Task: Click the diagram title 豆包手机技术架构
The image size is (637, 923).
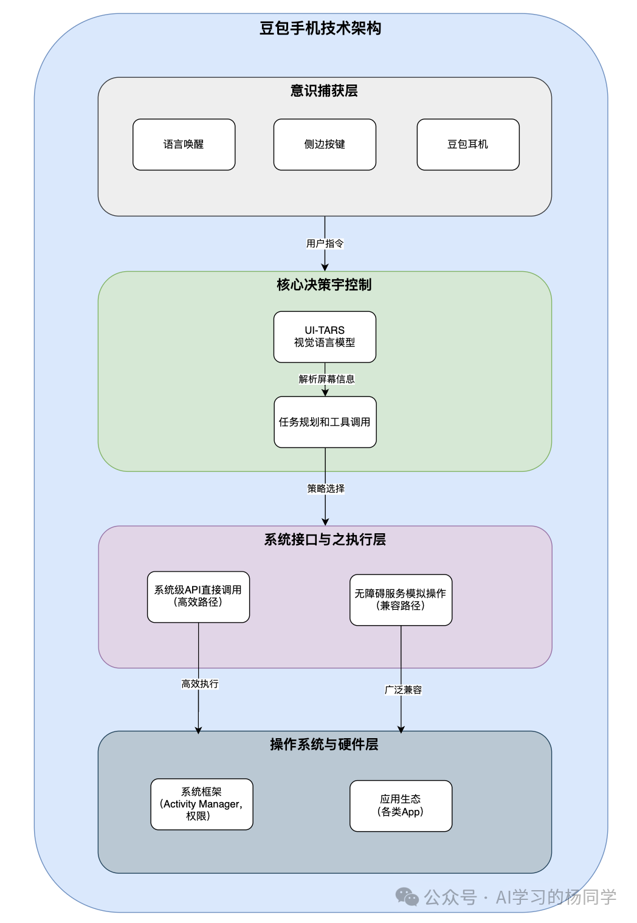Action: point(320,29)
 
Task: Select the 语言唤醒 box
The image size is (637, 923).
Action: point(184,145)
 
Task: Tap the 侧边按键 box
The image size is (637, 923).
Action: point(325,145)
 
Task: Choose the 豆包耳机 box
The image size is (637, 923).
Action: point(468,145)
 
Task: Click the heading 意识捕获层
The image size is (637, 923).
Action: point(324,91)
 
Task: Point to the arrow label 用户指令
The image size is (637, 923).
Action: point(325,244)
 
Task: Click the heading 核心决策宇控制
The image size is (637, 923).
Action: point(324,285)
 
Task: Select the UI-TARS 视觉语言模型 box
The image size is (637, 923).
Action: point(325,337)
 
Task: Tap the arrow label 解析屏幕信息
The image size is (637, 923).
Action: point(326,379)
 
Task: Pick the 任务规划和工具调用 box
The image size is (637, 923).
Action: point(325,422)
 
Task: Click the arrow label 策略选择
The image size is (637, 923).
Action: point(326,489)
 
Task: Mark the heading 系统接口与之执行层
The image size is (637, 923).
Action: point(325,540)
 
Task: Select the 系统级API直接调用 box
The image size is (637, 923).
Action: point(198,596)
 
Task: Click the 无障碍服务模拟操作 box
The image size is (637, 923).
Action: point(401,600)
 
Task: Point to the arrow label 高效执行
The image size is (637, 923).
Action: point(199,684)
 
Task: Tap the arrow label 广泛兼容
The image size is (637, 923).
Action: point(403,690)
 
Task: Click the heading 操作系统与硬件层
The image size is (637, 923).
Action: point(324,745)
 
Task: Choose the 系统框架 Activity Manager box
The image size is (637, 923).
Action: point(201,804)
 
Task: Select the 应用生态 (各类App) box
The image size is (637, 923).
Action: point(401,806)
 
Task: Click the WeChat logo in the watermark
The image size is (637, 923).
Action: point(407,897)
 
